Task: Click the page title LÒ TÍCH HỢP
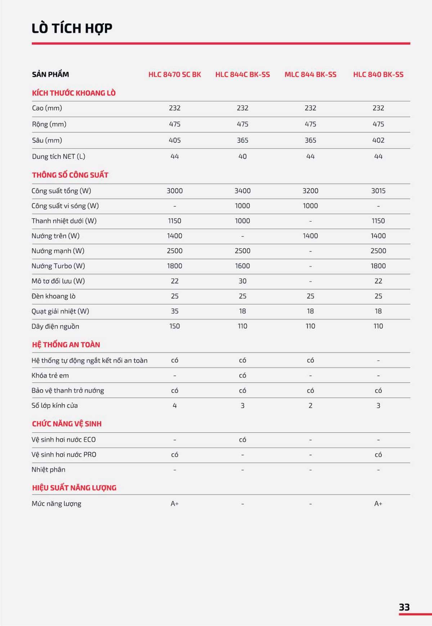pos(72,28)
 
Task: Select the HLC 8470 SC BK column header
pos(175,75)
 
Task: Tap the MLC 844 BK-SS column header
pos(310,75)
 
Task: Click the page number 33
pos(404,607)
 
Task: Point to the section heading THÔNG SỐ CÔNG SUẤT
pos(70,175)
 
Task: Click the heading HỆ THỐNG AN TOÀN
pos(66,344)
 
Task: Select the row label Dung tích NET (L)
pos(59,156)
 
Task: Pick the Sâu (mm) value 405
pos(175,140)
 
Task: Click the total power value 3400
pos(242,191)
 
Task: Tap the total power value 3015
pos(378,191)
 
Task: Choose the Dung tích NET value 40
pos(242,156)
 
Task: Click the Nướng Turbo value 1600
pos(242,266)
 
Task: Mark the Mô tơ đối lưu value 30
pos(242,281)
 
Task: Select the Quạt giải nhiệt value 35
pos(175,311)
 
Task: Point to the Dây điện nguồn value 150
pos(175,326)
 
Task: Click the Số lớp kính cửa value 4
pos(175,406)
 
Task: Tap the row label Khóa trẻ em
pos(50,375)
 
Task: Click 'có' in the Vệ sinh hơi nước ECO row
pos(242,440)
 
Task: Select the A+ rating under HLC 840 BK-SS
pos(378,504)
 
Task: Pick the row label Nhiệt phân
pos(48,469)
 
